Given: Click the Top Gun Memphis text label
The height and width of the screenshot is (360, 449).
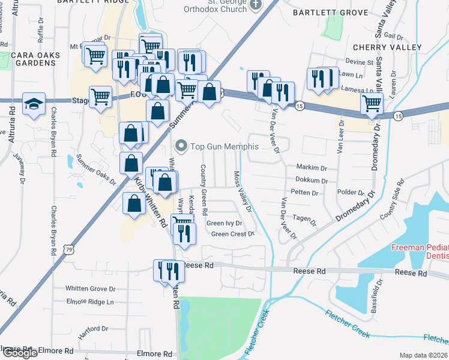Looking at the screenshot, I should coord(224,146).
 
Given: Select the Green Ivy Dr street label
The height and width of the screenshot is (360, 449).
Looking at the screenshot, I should coord(224,223).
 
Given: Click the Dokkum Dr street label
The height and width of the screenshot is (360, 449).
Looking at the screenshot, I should coord(312,180).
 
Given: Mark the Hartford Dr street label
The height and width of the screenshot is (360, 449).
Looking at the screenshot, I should coord(92,329).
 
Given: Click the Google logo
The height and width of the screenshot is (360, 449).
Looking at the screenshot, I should coord(19,353).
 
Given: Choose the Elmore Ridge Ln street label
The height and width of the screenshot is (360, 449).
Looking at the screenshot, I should coord(89,301).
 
